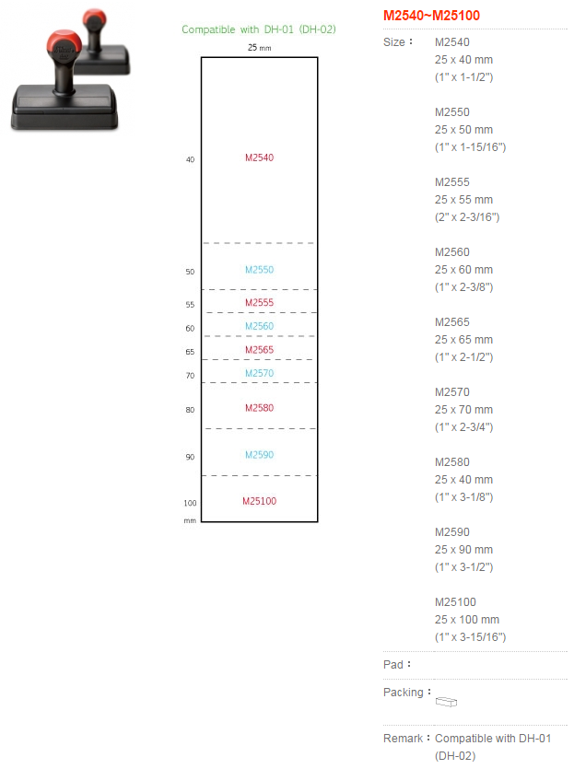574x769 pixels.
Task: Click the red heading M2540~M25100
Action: (x=431, y=16)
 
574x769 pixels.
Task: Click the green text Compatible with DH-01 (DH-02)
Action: (x=259, y=29)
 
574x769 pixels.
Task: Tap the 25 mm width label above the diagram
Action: (x=259, y=48)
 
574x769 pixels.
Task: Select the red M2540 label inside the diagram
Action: (x=260, y=157)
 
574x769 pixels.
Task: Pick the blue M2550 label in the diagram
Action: (x=260, y=269)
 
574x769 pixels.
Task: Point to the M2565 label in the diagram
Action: (x=260, y=350)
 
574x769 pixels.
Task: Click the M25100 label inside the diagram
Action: (x=260, y=501)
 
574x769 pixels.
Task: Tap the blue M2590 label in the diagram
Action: (x=260, y=455)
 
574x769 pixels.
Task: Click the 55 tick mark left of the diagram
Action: (x=190, y=305)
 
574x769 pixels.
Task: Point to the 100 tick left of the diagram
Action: (x=190, y=503)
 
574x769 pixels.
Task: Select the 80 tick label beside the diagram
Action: (x=190, y=410)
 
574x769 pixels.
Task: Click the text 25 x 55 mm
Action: (x=463, y=200)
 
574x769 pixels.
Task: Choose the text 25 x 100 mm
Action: (x=466, y=620)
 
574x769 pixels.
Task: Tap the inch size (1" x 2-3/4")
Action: (x=463, y=427)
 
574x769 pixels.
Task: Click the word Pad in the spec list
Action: (x=393, y=665)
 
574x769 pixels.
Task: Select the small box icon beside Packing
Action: (x=446, y=702)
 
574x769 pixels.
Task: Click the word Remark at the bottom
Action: (x=403, y=738)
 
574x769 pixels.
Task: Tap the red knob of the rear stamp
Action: (x=94, y=19)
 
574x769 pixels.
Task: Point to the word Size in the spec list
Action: (x=394, y=42)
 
